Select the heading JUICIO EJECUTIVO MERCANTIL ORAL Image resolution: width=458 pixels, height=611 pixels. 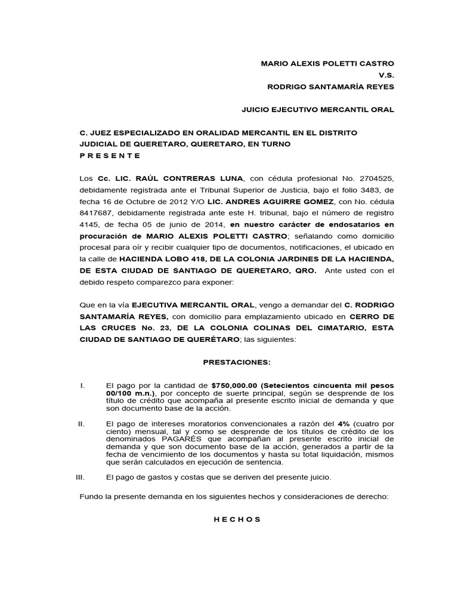(317, 110)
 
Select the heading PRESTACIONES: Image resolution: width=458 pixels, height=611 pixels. (237, 362)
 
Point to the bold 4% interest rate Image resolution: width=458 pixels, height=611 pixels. (343, 423)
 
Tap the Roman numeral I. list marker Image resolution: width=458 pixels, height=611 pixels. (83, 385)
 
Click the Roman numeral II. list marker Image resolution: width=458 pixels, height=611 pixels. (83, 423)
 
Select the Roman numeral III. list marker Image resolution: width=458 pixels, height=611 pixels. (82, 477)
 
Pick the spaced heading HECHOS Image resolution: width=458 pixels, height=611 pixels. (237, 519)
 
